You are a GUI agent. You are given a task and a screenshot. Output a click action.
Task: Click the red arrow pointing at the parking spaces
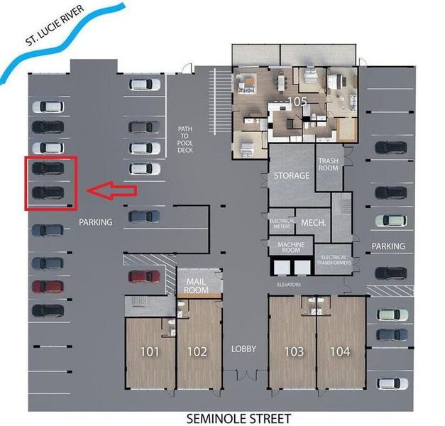111,190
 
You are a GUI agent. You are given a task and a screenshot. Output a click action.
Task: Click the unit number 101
149,351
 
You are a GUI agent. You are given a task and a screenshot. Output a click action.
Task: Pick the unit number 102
197,351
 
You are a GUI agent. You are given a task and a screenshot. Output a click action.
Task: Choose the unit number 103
293,351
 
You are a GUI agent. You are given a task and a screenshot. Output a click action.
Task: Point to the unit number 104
340,351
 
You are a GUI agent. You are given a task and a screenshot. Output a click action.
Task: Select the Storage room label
292,175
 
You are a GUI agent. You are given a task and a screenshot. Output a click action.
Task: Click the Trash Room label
328,165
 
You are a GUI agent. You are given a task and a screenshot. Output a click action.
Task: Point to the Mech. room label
313,222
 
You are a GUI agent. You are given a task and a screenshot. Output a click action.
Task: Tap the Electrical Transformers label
335,260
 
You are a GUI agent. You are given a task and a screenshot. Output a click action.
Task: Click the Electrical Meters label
282,224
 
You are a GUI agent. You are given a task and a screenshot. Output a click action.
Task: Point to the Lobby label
243,349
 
